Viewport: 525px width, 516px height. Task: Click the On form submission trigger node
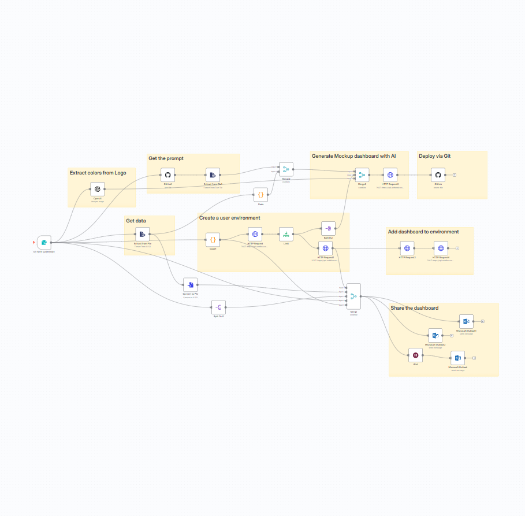point(44,242)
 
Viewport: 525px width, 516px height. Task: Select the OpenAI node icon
point(97,189)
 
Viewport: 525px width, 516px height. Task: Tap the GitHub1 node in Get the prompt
point(167,175)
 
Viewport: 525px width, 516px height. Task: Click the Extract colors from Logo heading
point(98,173)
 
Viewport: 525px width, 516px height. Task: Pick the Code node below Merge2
point(260,195)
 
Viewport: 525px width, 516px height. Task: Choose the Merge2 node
point(286,169)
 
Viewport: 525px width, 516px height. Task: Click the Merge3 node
point(362,175)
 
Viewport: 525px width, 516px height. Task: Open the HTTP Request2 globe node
point(390,175)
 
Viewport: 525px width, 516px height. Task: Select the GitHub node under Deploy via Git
point(438,175)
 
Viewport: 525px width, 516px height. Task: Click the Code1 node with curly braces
point(213,239)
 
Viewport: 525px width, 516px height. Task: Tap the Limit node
point(286,234)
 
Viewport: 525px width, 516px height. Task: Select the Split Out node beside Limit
point(328,228)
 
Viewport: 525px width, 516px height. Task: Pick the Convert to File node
point(191,284)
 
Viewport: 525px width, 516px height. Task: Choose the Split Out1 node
point(218,307)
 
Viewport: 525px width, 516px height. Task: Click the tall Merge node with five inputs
point(353,296)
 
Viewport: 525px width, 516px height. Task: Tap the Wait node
point(415,355)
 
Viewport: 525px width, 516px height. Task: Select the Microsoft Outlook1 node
point(466,321)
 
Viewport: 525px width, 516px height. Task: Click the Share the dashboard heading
point(414,308)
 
